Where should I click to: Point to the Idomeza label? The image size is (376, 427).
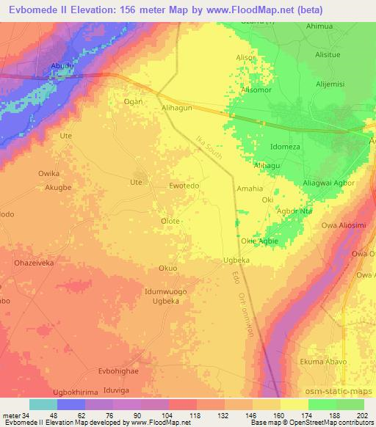pyautogui.click(x=286, y=147)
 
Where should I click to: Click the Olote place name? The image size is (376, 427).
pyautogui.click(x=170, y=221)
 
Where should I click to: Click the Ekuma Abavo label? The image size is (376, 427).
pyautogui.click(x=328, y=361)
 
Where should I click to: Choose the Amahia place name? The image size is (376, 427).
pyautogui.click(x=250, y=189)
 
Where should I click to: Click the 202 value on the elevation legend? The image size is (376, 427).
pyautogui.click(x=363, y=416)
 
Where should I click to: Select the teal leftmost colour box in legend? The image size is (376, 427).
pyautogui.click(x=43, y=404)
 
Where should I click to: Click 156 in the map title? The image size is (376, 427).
pyautogui.click(x=134, y=10)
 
